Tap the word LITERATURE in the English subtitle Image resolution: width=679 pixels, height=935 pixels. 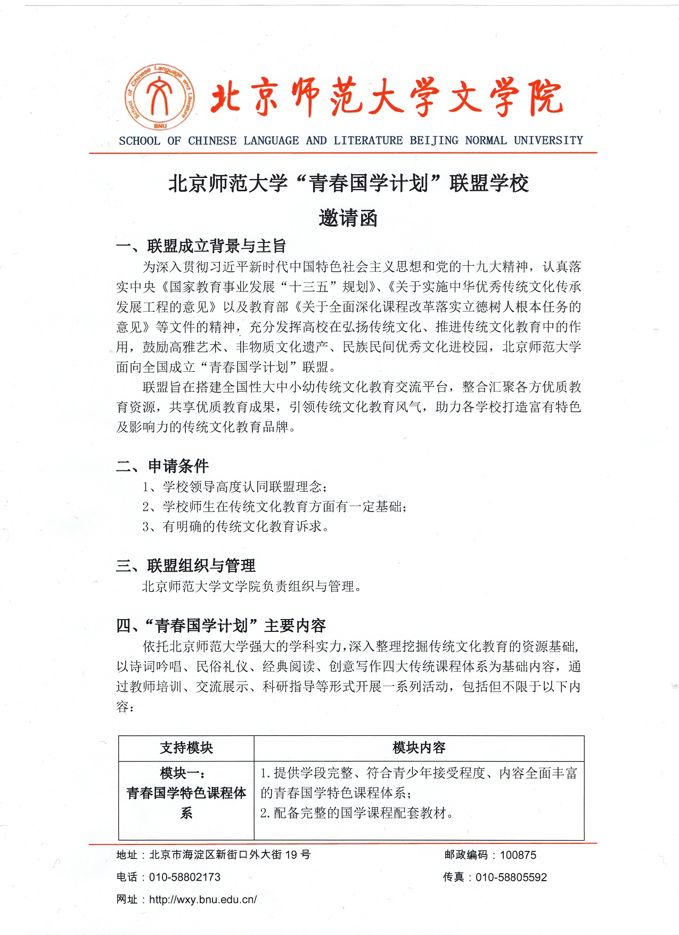click(x=368, y=141)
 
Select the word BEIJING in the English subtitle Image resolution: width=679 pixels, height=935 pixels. click(x=433, y=141)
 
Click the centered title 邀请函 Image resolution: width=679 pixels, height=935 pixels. click(x=348, y=218)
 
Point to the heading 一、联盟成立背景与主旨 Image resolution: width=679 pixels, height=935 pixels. click(x=201, y=246)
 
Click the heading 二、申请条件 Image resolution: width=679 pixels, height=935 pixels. click(x=162, y=466)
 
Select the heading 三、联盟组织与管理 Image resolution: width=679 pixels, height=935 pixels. click(x=186, y=565)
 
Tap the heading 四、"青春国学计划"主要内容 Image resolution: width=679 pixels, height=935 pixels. click(x=221, y=625)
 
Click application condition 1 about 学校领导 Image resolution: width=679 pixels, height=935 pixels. click(x=235, y=486)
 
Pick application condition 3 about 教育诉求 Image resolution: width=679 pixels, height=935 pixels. click(x=235, y=526)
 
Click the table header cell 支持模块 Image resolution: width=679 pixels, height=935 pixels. click(x=186, y=747)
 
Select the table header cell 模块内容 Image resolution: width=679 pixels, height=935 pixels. click(x=419, y=747)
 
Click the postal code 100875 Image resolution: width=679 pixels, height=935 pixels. click(x=518, y=855)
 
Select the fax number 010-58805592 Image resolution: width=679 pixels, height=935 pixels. click(x=511, y=877)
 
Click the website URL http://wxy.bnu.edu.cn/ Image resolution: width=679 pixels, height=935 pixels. click(x=203, y=899)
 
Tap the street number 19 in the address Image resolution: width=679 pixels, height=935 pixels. click(x=291, y=855)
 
